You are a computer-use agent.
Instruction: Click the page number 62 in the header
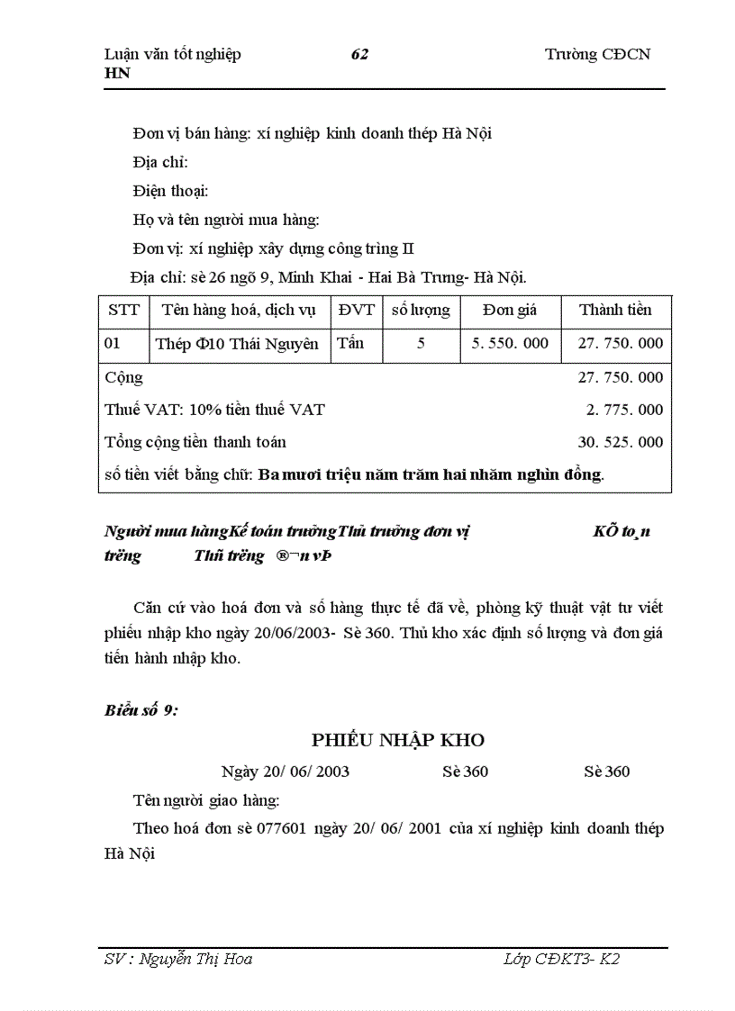point(359,54)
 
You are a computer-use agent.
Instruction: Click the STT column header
point(123,311)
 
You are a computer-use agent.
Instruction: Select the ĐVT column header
point(356,311)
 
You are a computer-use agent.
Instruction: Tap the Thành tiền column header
point(615,311)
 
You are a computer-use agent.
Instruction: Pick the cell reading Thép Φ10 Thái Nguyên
point(237,344)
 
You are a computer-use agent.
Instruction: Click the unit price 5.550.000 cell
point(510,344)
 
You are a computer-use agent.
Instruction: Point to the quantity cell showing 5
point(421,344)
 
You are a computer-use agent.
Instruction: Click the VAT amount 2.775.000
point(624,410)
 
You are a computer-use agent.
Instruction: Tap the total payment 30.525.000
point(620,442)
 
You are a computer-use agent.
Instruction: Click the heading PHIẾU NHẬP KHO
point(398,740)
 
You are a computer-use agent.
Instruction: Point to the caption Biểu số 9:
point(141,710)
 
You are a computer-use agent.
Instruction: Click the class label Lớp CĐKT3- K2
point(562,959)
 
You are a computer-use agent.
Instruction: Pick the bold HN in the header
point(117,73)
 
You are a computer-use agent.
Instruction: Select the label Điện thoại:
point(170,191)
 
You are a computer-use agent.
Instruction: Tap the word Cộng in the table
point(123,378)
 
